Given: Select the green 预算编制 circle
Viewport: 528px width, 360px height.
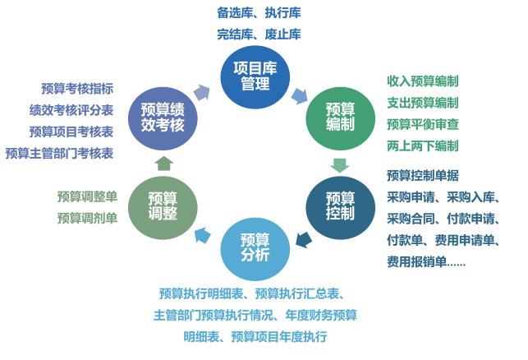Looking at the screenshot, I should click(340, 117).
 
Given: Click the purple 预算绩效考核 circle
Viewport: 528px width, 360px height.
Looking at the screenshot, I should click(163, 117).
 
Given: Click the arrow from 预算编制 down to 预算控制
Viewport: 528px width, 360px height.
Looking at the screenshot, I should click(339, 164).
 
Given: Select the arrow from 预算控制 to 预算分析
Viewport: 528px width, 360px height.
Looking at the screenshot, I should click(302, 239).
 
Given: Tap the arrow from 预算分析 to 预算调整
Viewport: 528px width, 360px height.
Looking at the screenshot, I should click(202, 238).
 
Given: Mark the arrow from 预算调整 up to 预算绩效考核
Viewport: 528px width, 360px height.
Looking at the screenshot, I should click(163, 163).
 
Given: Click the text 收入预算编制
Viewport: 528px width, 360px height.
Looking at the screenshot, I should click(422, 81).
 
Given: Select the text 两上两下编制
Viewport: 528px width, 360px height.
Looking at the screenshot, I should click(422, 145).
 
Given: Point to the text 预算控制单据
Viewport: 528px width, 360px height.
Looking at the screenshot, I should click(422, 175).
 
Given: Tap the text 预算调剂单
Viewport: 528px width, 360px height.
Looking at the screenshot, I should click(87, 218).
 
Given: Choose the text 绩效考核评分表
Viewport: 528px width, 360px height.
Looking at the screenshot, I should click(71, 110).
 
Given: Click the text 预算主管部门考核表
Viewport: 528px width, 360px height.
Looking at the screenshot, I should click(59, 153).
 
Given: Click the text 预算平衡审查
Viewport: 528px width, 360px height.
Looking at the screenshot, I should click(422, 124).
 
